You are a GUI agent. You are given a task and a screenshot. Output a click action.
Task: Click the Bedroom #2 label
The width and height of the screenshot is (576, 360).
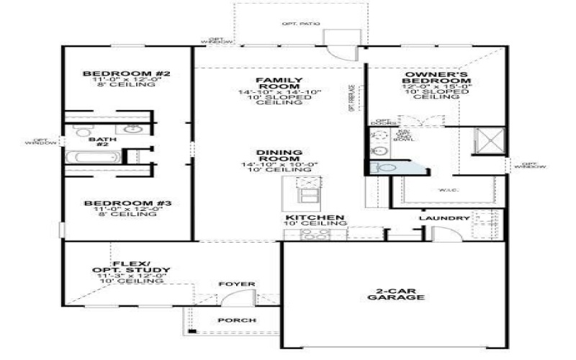126,74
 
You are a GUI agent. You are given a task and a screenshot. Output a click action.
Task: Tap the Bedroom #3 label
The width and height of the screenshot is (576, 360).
127,204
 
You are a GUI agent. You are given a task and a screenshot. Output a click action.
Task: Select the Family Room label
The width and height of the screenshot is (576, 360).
279,83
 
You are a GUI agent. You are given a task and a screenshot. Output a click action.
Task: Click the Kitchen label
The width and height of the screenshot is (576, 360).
315,217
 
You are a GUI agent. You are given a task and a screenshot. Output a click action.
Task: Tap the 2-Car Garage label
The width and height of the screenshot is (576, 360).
395,294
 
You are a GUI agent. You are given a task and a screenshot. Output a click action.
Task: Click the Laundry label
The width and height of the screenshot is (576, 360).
444,218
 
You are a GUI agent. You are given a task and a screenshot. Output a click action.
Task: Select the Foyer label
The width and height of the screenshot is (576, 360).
237,284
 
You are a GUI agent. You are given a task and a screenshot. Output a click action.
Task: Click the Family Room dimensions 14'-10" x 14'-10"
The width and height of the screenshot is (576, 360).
280,92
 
